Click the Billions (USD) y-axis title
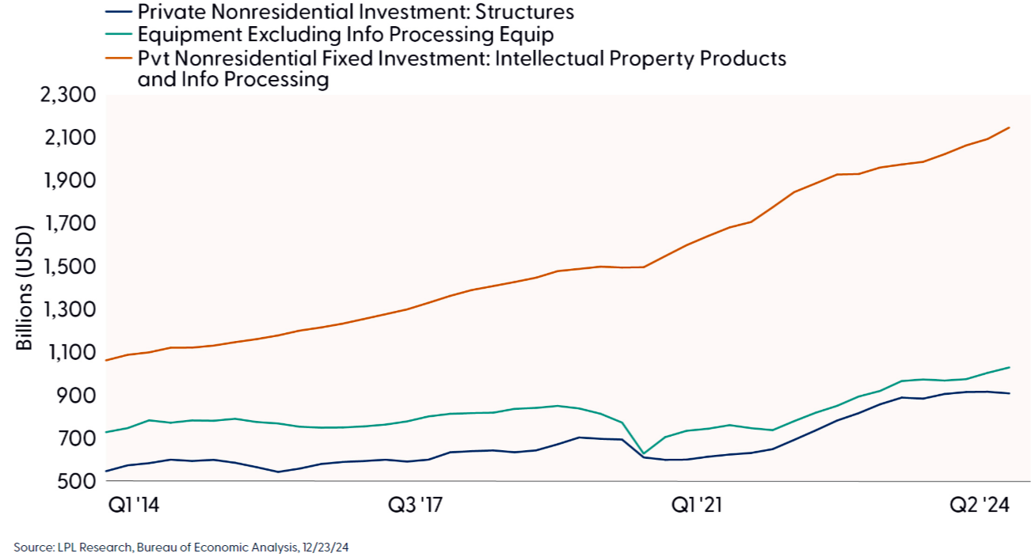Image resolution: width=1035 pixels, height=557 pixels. [25, 289]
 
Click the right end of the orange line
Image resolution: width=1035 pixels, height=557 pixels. [1009, 127]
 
